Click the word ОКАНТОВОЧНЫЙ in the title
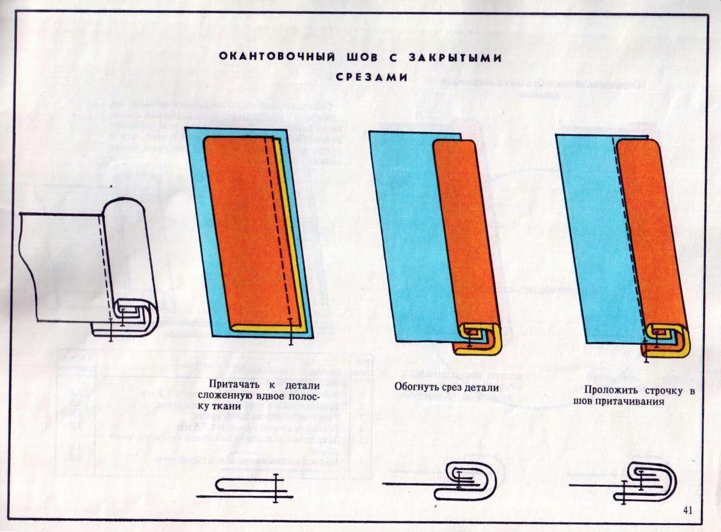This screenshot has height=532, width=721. [277, 58]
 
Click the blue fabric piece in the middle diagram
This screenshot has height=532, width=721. [409, 239]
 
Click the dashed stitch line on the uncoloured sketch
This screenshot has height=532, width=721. [103, 264]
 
